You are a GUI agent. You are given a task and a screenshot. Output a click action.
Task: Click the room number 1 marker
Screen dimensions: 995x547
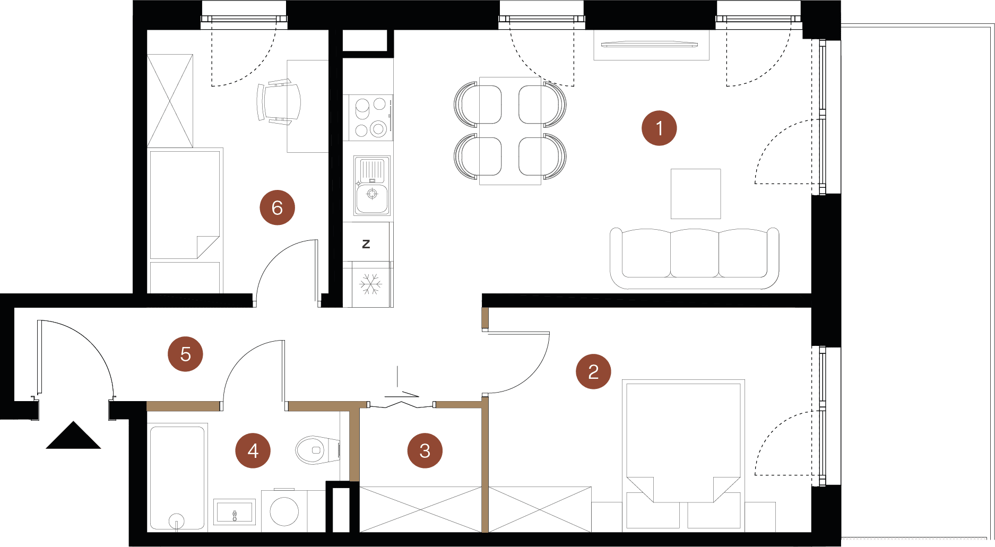659,128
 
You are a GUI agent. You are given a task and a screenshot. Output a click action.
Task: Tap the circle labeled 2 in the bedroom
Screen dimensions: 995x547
593,371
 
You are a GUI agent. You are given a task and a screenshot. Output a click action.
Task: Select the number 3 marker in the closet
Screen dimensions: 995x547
425,450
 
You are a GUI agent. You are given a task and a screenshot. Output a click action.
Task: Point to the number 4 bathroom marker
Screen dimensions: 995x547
253,450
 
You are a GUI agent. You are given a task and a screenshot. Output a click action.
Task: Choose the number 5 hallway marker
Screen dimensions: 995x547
185,354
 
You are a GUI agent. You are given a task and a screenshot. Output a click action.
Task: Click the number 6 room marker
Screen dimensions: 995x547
277,207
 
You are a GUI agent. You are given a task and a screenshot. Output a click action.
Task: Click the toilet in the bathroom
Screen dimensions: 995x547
317,450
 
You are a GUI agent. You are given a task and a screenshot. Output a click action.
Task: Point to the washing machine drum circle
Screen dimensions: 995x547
284,511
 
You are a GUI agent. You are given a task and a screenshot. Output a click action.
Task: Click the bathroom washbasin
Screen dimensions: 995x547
234,511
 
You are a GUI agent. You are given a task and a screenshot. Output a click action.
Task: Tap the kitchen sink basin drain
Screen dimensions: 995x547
372,194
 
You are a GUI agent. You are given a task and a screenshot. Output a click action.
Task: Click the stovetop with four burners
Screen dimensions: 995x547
370,117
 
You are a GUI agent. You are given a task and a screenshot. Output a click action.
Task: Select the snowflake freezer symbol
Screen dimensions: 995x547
370,284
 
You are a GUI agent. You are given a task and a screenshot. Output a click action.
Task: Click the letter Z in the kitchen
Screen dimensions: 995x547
366,244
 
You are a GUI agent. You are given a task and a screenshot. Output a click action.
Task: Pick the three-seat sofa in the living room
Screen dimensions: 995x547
694,258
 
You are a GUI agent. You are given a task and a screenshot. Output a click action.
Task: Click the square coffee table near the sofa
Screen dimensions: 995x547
696,194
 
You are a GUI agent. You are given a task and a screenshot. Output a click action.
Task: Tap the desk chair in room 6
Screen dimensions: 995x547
279,102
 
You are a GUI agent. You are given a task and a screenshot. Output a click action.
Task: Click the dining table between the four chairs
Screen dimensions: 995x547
510,131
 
